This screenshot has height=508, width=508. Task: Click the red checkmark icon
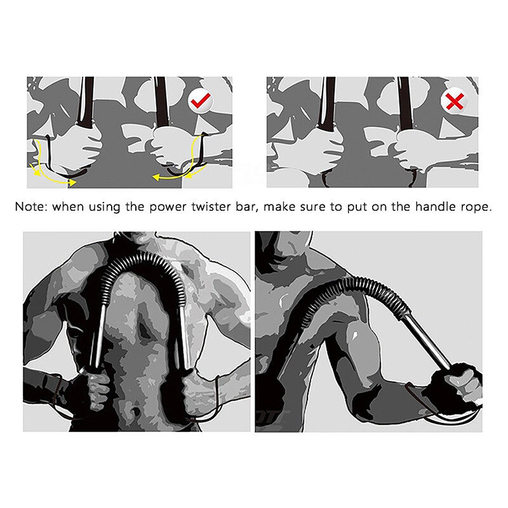click(x=201, y=100)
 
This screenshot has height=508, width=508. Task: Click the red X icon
click(x=455, y=102)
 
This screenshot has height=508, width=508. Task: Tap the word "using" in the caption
click(x=105, y=208)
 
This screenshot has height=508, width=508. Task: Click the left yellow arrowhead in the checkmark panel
click(x=34, y=169)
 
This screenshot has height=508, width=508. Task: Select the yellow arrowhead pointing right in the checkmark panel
click(x=72, y=183)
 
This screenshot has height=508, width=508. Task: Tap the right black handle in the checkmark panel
click(x=161, y=101)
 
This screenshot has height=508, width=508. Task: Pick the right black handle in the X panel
click(x=405, y=103)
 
